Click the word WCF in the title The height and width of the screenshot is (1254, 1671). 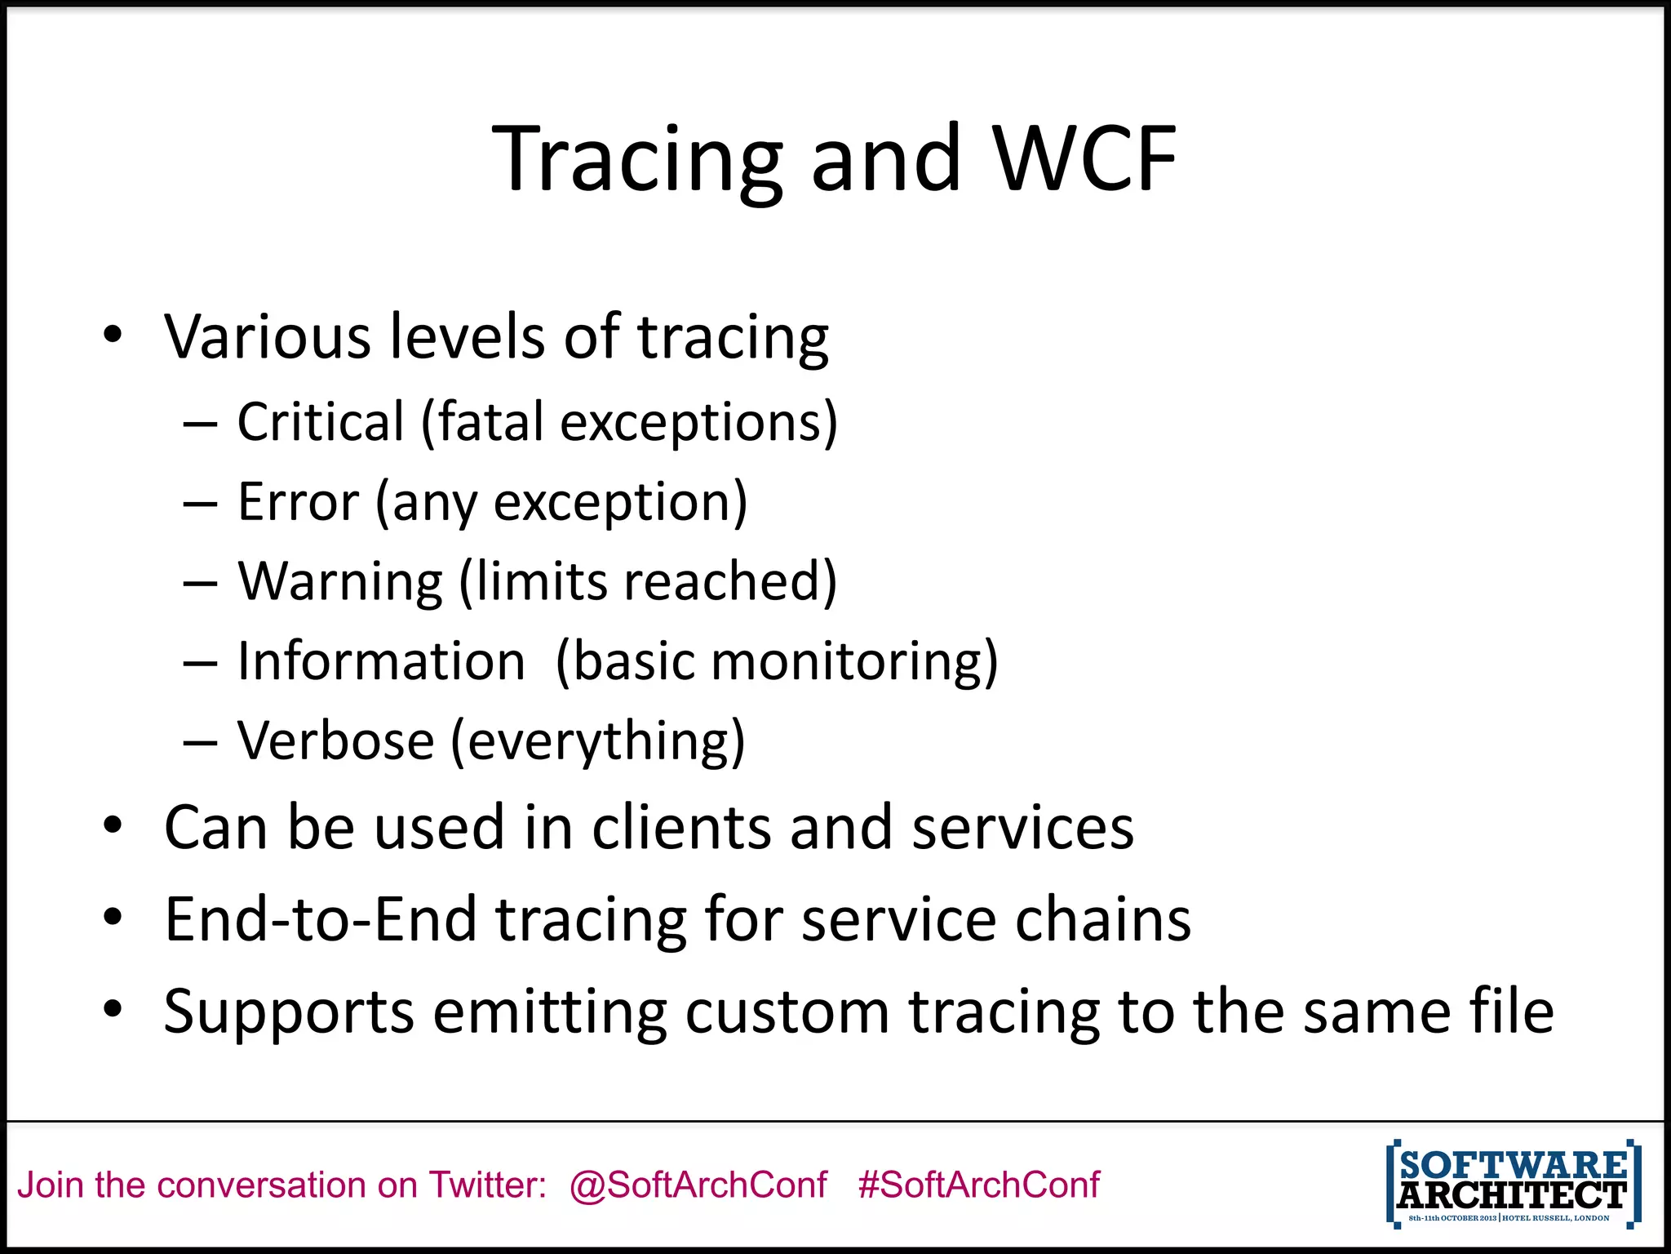click(x=1085, y=159)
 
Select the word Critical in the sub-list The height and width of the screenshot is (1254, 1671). click(x=321, y=422)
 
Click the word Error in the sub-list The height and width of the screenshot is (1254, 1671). click(x=298, y=501)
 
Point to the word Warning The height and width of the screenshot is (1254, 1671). click(x=340, y=581)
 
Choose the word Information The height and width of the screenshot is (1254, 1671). click(x=381, y=660)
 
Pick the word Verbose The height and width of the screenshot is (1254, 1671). click(x=335, y=740)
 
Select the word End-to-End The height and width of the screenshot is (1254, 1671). click(x=321, y=919)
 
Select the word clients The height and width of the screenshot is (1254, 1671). click(x=680, y=827)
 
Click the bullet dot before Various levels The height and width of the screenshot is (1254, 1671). click(x=113, y=335)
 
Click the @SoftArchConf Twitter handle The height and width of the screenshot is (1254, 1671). click(x=698, y=1185)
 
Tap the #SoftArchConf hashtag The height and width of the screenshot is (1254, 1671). click(x=978, y=1185)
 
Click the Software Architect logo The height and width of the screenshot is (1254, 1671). click(x=1513, y=1184)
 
